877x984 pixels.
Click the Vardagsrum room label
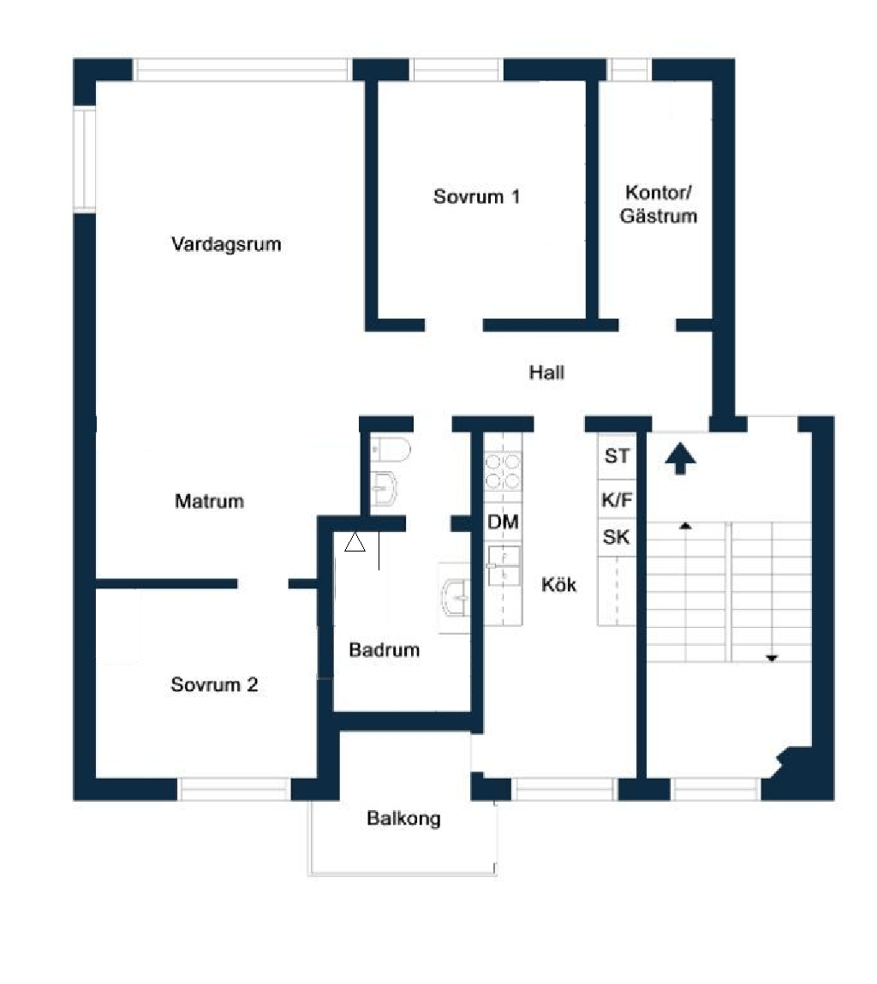pos(226,244)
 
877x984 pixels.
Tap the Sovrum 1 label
pos(476,196)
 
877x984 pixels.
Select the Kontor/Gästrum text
pos(659,204)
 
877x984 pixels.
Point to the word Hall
pos(546,373)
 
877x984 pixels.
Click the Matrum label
pos(209,501)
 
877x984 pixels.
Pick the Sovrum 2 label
pos(214,684)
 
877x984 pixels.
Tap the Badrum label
pos(385,649)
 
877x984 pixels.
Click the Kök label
pos(558,585)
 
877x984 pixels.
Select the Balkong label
pos(403,819)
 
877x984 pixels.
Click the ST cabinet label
pos(617,456)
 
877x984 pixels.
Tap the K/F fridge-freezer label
pos(617,499)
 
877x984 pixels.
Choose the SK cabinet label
pos(616,537)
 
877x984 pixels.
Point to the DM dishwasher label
pos(503,522)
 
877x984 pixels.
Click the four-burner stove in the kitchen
pos(503,472)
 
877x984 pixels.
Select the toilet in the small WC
pos(390,450)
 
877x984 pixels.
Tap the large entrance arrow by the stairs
pos(681,459)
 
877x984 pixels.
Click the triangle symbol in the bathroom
pos(355,542)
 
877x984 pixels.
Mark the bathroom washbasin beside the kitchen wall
pos(456,598)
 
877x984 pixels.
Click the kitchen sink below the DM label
pos(504,565)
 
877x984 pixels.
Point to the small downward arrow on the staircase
pos(772,659)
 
